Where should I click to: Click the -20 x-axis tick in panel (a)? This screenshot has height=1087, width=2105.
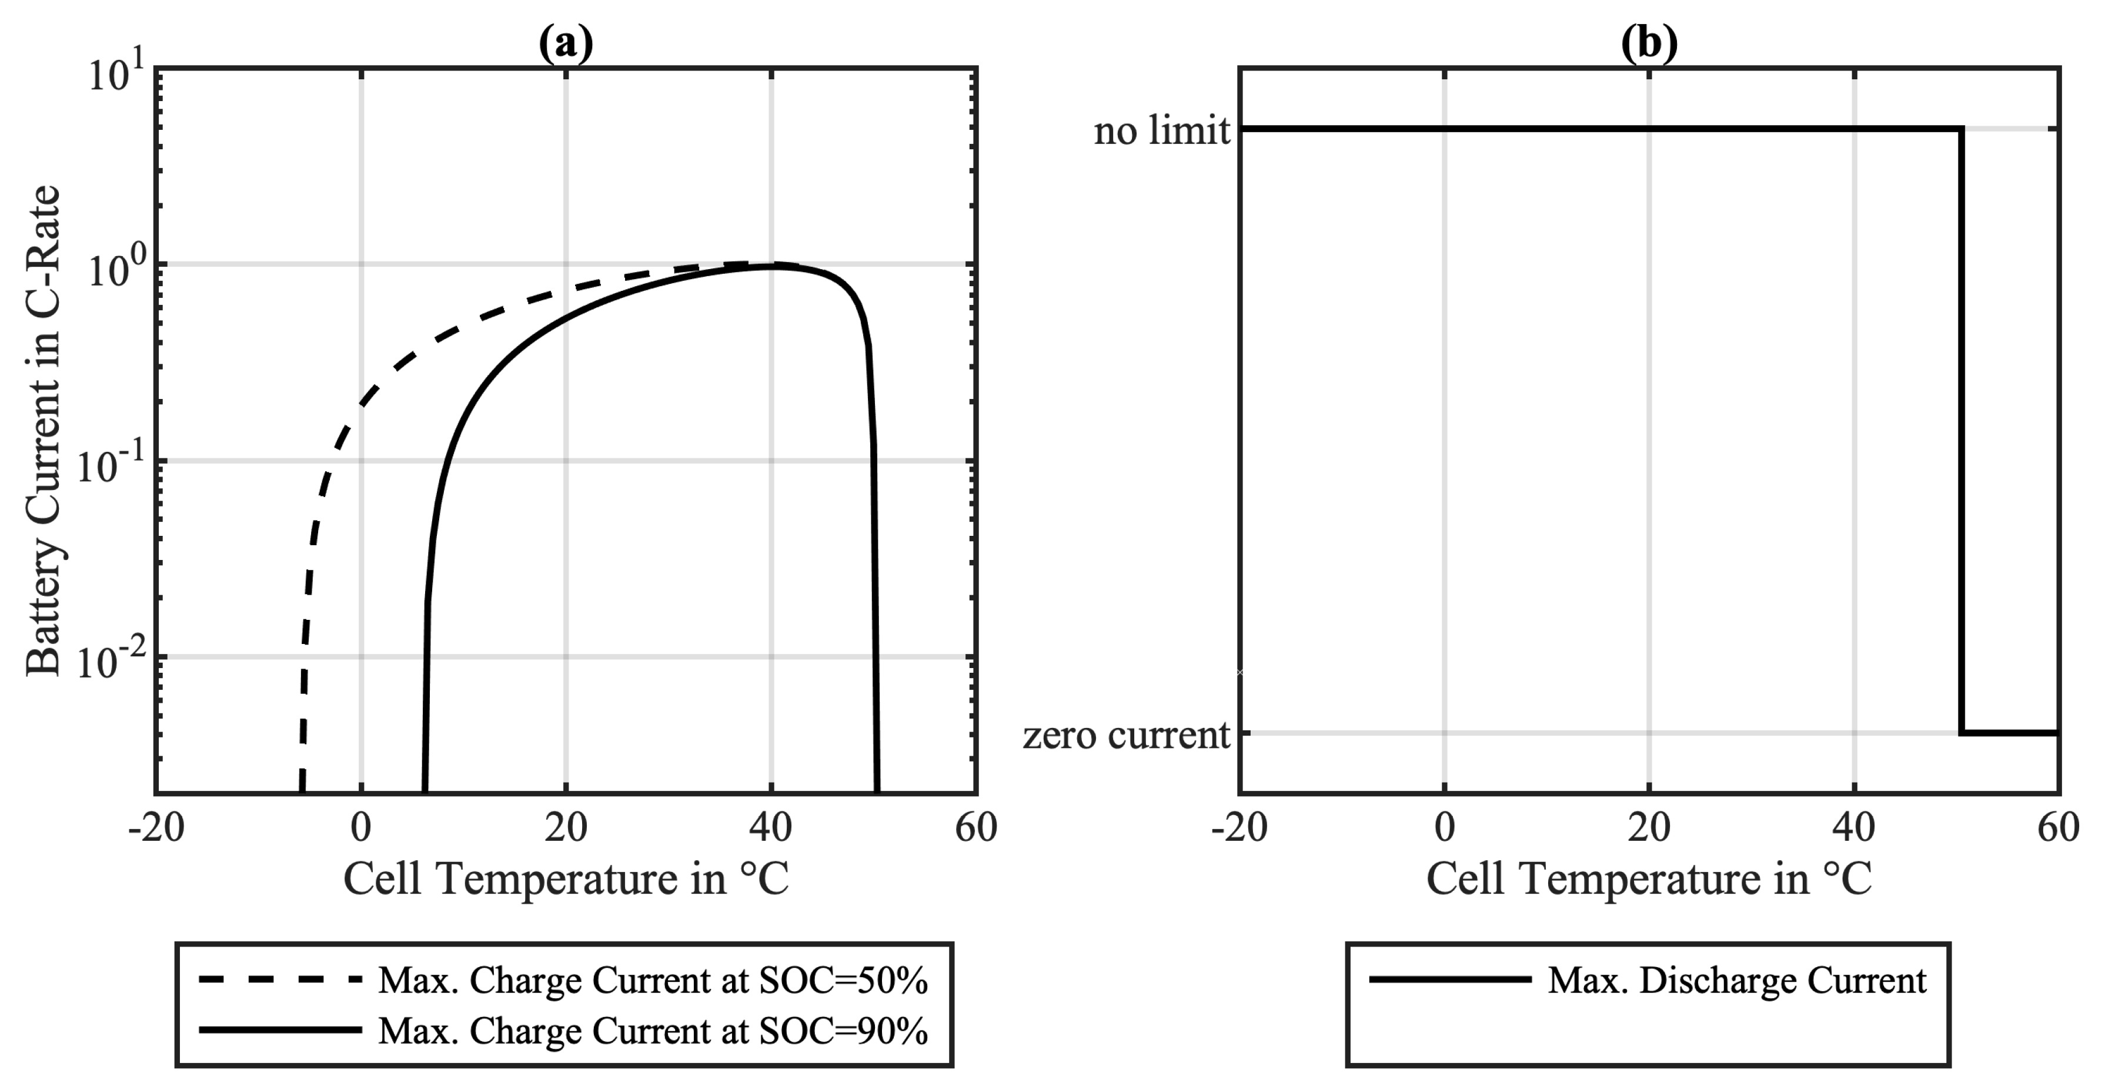(156, 828)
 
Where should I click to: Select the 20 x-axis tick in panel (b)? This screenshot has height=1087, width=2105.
(1649, 828)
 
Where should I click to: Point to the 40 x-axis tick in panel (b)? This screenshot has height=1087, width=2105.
(1853, 828)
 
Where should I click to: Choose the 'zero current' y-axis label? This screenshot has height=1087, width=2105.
(1126, 735)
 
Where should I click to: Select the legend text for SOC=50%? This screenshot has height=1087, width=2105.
(653, 981)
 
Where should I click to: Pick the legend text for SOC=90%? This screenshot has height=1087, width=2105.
(653, 1031)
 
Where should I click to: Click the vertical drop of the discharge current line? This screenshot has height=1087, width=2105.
(1960, 433)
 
